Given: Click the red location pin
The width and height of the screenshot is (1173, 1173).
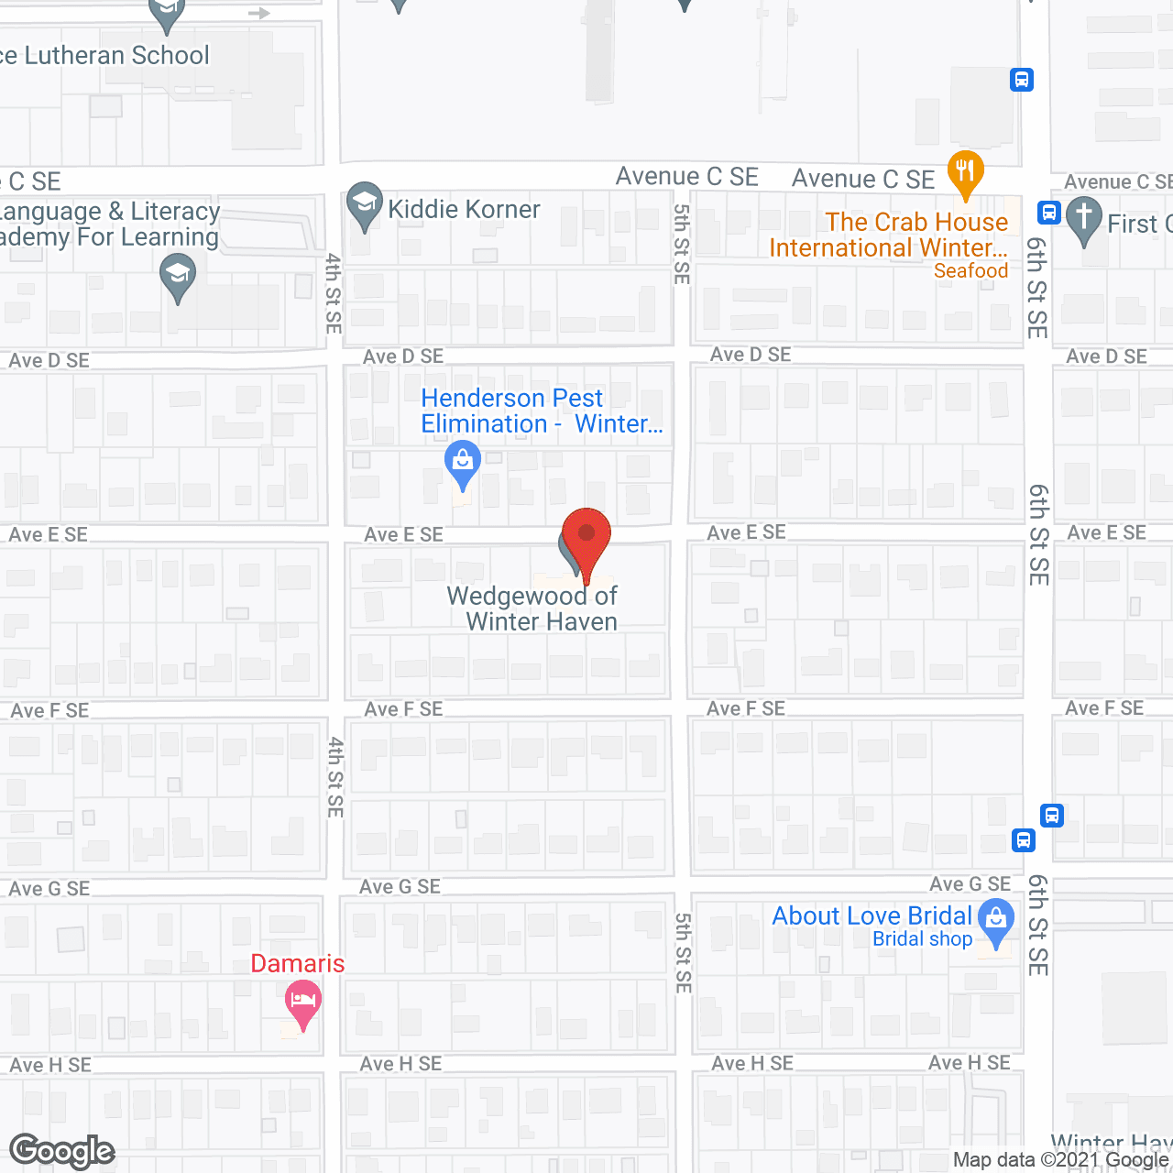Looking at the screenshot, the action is pyautogui.click(x=586, y=541).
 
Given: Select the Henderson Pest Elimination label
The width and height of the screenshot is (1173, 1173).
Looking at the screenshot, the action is pyautogui.click(x=541, y=411).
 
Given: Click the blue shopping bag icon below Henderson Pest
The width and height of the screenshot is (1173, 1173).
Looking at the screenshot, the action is pyautogui.click(x=463, y=464).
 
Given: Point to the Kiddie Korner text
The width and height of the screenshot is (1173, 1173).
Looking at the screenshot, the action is pyautogui.click(x=464, y=210).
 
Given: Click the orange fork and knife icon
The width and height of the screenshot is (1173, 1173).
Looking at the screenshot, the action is pyautogui.click(x=964, y=172).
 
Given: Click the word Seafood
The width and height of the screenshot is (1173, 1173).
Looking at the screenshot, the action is pyautogui.click(x=970, y=271).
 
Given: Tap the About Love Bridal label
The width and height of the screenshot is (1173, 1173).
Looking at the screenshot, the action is pyautogui.click(x=872, y=915).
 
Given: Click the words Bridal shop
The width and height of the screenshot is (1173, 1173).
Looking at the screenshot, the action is pyautogui.click(x=922, y=939).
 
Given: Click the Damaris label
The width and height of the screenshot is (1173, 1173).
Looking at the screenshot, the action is pyautogui.click(x=298, y=964).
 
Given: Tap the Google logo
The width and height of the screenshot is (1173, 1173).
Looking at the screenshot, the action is pyautogui.click(x=62, y=1151).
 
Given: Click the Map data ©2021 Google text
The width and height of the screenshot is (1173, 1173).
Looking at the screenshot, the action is pyautogui.click(x=1061, y=1160).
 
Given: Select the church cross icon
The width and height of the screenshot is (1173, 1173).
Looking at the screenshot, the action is pyautogui.click(x=1084, y=219).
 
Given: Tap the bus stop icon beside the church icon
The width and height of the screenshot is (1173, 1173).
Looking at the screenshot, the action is pyautogui.click(x=1049, y=213).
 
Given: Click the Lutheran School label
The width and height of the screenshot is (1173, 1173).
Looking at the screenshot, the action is pyautogui.click(x=105, y=56).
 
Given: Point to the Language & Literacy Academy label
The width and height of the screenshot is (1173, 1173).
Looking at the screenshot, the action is pyautogui.click(x=110, y=225).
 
